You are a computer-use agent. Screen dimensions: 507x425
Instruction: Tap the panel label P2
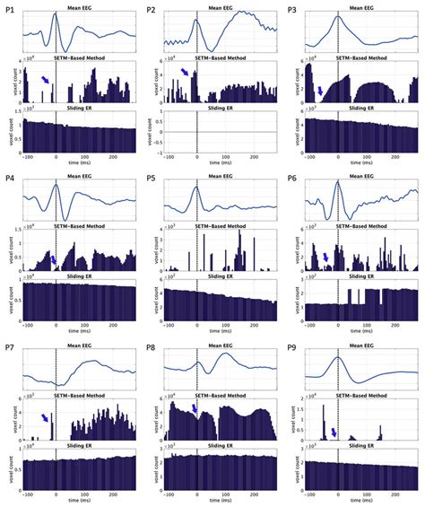[x=151, y=9]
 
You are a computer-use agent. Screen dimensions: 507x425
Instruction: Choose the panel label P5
[x=151, y=178]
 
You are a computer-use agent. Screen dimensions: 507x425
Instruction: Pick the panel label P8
[x=151, y=347]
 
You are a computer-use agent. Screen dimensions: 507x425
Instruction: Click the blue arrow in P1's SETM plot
[x=45, y=81]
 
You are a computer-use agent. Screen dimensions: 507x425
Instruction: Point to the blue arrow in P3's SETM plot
[x=322, y=90]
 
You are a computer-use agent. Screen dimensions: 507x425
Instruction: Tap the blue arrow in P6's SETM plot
[x=326, y=257]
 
